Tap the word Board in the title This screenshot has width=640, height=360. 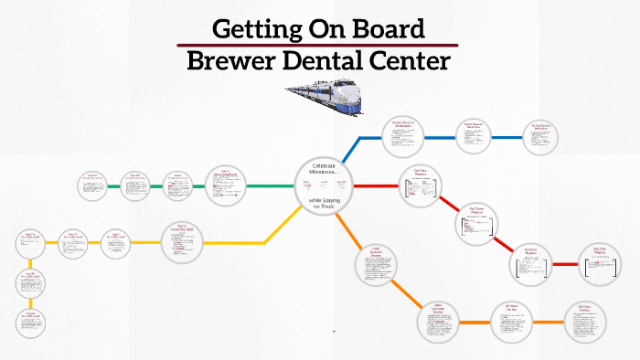386,28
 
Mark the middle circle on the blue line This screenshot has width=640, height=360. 474,136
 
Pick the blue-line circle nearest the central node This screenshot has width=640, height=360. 403,137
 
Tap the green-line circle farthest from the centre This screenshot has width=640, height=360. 92,186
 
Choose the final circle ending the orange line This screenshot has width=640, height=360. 584,322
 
